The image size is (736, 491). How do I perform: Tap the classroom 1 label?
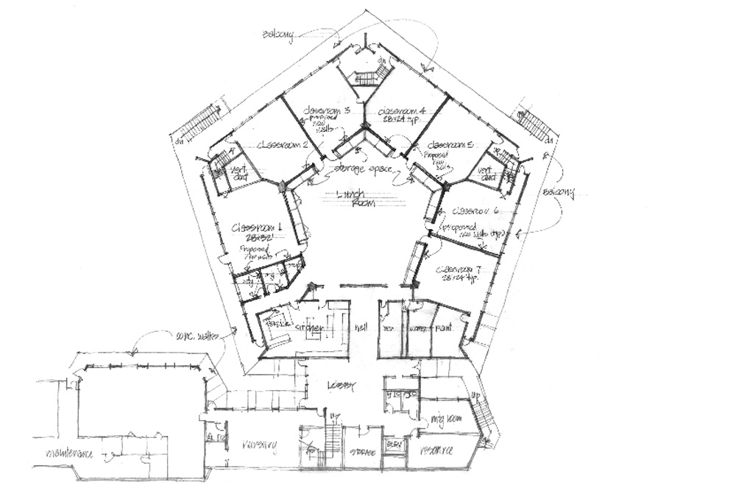[x=252, y=229]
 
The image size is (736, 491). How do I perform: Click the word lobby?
[x=343, y=386]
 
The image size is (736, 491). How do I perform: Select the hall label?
[x=361, y=327]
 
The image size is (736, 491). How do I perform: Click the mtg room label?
[x=445, y=422]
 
